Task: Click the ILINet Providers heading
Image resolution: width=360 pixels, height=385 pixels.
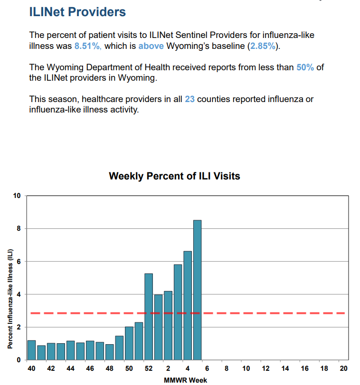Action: (77, 12)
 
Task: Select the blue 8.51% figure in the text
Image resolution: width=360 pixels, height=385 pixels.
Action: (88, 46)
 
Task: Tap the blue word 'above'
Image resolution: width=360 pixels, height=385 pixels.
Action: (151, 46)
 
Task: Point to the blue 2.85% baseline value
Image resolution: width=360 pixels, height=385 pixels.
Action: (263, 46)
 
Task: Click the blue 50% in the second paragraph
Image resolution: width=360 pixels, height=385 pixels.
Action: (305, 67)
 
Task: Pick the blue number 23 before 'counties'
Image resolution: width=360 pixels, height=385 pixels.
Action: (189, 99)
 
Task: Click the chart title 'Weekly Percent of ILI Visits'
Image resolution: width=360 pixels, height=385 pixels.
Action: (174, 176)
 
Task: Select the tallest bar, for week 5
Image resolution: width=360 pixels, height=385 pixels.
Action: (198, 290)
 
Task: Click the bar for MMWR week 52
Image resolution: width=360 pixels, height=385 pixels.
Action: (149, 317)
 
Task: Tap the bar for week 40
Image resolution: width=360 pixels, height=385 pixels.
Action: (31, 350)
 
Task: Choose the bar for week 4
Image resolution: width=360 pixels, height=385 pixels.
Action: (188, 305)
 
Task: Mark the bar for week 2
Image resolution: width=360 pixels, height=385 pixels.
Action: (168, 326)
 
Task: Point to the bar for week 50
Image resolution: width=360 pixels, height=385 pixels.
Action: (129, 343)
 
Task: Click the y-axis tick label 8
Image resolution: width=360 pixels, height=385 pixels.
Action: (19, 229)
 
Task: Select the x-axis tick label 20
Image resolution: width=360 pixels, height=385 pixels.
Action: (343, 368)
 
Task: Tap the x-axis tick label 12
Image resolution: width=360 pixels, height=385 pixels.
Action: (265, 368)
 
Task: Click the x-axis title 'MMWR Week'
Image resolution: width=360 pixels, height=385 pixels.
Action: (185, 380)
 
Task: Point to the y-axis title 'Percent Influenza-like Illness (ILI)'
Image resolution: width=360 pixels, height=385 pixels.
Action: (10, 299)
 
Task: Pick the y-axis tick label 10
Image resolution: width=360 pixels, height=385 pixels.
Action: (17, 196)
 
